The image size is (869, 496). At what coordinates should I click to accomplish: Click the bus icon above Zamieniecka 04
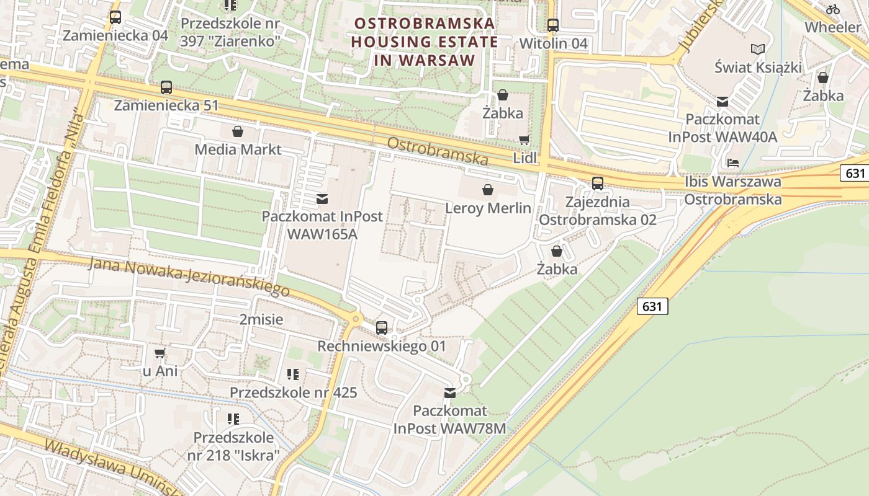tap(115, 17)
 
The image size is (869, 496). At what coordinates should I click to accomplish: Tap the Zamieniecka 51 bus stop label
tap(167, 105)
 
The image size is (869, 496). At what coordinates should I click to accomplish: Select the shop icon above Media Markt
tap(238, 131)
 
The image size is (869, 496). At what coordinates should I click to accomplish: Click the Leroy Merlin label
tap(489, 208)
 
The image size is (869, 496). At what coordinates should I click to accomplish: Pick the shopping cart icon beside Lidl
tap(525, 140)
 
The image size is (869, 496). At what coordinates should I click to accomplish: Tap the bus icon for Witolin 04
tap(552, 25)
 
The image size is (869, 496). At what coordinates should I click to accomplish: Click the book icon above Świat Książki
tap(758, 49)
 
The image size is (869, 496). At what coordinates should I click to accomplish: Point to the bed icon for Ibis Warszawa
tap(733, 163)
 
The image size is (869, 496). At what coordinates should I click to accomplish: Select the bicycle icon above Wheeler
tap(833, 9)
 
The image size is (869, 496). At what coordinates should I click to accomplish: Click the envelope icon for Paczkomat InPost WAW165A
tap(322, 199)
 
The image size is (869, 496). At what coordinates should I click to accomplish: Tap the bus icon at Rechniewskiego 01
tap(382, 328)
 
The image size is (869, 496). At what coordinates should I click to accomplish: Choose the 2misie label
tap(261, 320)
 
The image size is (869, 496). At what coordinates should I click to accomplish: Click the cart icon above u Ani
tap(160, 353)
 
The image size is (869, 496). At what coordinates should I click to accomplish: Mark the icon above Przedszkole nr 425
tap(293, 374)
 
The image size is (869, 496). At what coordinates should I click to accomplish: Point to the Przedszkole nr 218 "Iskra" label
tap(233, 446)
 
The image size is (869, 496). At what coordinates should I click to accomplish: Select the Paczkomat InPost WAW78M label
tap(450, 420)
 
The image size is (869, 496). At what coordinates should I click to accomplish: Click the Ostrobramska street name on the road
tap(438, 151)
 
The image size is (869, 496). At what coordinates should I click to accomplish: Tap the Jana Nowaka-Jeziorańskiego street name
tap(189, 277)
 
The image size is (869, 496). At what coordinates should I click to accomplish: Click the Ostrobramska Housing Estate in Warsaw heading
tap(425, 42)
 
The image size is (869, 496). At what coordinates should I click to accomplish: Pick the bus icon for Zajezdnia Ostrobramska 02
tap(598, 184)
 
